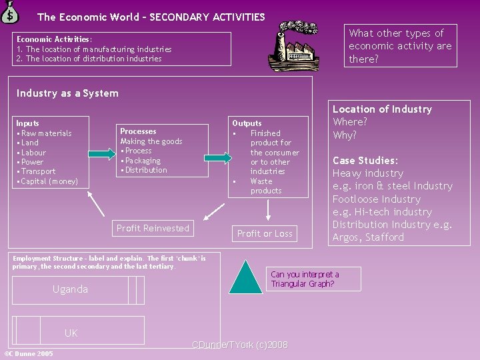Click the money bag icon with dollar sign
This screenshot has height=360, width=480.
[11, 11]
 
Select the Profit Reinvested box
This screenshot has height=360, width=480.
[153, 229]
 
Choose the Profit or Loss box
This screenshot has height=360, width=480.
[265, 233]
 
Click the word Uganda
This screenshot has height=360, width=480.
[70, 289]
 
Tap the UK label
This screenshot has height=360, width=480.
[71, 333]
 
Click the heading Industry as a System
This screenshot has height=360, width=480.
[67, 93]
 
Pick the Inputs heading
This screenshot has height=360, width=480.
[28, 123]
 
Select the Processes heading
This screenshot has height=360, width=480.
[138, 131]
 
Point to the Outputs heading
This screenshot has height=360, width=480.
[247, 123]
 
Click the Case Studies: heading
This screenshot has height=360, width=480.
[365, 161]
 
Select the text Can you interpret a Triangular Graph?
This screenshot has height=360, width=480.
[305, 279]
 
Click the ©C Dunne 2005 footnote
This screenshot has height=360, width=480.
[29, 354]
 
